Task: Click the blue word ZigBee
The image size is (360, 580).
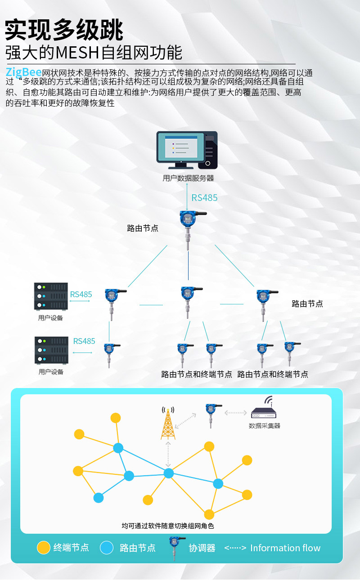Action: [x=23, y=72]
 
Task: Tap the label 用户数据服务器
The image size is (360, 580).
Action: [x=188, y=178]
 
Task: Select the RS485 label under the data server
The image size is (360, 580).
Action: [x=204, y=198]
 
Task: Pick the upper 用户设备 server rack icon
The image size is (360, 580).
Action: [x=51, y=296]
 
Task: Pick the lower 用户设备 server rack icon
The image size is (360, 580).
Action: [x=51, y=350]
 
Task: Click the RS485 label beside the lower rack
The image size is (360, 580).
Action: [x=84, y=341]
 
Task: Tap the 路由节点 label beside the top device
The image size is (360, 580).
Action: [x=143, y=228]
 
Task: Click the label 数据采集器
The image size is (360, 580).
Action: [x=265, y=425]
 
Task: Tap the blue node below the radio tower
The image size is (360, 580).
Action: [x=169, y=473]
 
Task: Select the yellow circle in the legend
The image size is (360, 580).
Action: [x=43, y=548]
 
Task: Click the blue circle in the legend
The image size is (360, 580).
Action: [x=107, y=548]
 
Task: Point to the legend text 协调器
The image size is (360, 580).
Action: [x=202, y=548]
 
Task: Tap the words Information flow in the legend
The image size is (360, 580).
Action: [x=285, y=548]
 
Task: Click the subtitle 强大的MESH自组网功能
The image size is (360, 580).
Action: [x=94, y=53]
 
